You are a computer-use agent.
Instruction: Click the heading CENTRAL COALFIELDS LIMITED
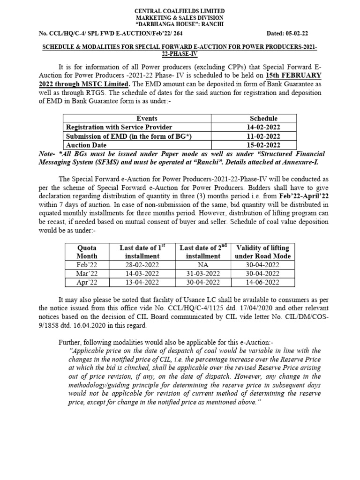(180, 11)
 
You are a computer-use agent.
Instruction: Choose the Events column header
(147, 119)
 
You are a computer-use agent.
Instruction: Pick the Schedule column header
(263, 119)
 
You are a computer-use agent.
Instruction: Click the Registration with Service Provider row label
(119, 127)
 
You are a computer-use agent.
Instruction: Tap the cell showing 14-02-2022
(263, 127)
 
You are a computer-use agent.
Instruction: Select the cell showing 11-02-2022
(263, 136)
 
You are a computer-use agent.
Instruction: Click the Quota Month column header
(87, 252)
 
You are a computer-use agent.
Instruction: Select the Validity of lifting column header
(262, 252)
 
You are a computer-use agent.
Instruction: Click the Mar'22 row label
(87, 273)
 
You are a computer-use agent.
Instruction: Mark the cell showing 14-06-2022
(262, 282)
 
